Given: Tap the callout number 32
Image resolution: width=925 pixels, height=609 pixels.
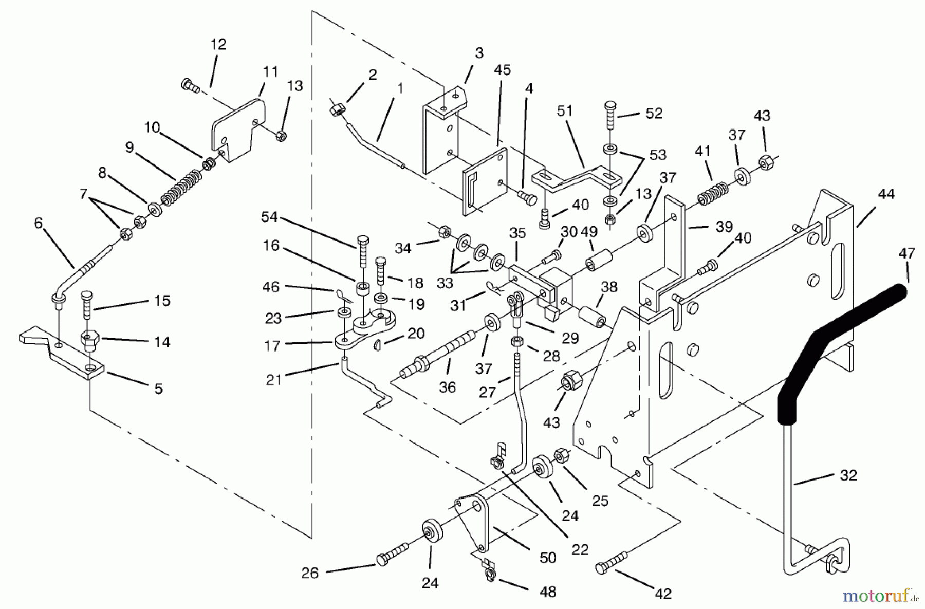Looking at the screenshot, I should (x=848, y=475).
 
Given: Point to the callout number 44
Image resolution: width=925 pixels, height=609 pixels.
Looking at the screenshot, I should (x=886, y=194).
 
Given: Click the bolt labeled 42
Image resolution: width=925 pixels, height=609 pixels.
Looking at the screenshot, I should (x=612, y=562).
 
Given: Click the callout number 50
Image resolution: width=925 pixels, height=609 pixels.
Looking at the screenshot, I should (x=548, y=558).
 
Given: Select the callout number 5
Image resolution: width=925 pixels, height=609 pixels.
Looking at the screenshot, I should (x=158, y=389).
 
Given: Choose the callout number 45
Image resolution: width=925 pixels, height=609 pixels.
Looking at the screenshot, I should (x=502, y=70).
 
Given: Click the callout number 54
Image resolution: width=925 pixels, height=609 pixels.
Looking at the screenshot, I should (x=269, y=217).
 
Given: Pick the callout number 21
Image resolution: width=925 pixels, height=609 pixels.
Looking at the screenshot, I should (x=274, y=380).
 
